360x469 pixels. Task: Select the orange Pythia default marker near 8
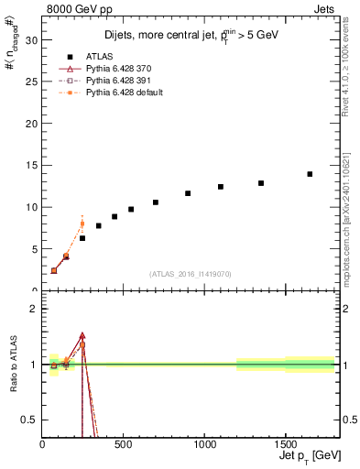(82, 224)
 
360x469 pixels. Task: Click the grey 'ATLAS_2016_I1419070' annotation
(191, 274)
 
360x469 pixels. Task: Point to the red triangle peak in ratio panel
(82, 336)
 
